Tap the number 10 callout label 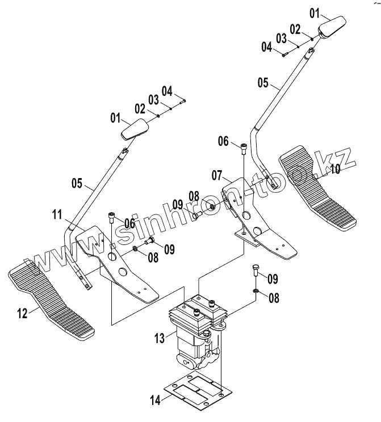pos(335,169)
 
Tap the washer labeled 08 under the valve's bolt pos(256,293)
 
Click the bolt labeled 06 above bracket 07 pos(244,149)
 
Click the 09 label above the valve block pos(272,278)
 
